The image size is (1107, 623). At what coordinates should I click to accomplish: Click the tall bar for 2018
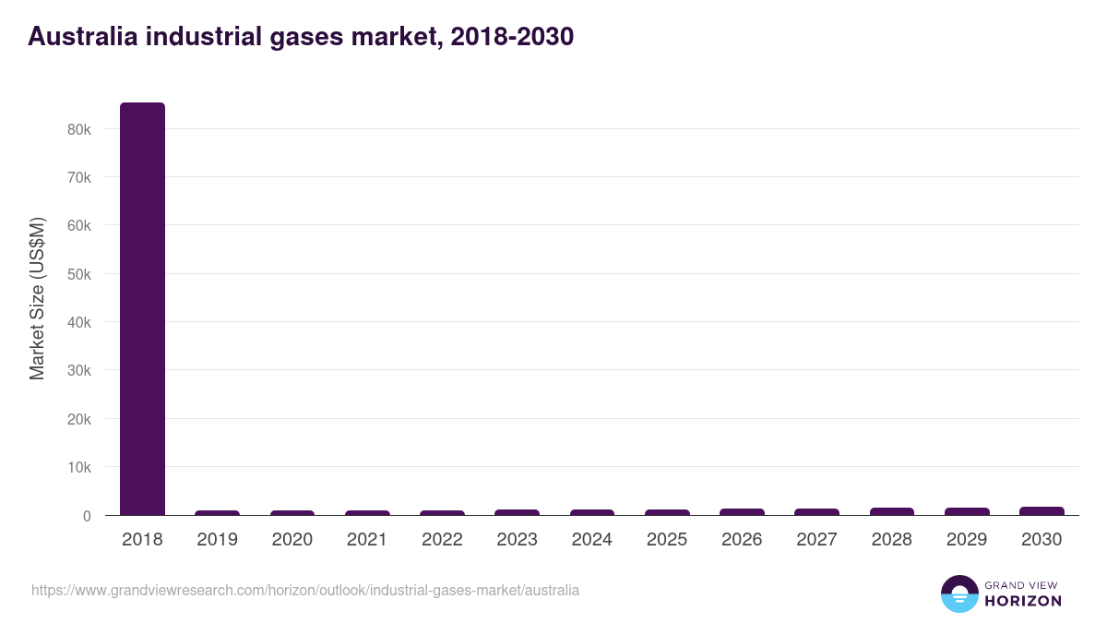point(142,308)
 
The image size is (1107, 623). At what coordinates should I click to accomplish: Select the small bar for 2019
point(217,512)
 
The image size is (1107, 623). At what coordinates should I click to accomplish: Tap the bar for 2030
point(1042,510)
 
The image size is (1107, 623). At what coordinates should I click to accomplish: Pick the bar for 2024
point(591,511)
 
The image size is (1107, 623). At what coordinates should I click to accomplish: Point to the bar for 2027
point(816,511)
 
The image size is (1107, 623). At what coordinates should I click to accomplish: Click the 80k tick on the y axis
point(79,129)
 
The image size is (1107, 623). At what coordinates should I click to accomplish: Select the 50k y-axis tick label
point(79,274)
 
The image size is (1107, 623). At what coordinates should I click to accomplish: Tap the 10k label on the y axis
point(79,467)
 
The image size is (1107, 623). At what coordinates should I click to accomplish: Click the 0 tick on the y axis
point(87,516)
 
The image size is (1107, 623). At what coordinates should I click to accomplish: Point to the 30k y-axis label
point(79,371)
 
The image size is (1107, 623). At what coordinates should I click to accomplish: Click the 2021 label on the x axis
point(367,540)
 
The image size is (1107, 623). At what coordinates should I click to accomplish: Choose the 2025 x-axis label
point(666,540)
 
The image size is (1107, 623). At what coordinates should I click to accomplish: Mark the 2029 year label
point(967,540)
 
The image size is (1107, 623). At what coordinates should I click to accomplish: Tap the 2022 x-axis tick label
point(442,540)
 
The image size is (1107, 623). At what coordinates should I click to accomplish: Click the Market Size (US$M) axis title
point(37,298)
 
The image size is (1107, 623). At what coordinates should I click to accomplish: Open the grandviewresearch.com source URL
point(305,590)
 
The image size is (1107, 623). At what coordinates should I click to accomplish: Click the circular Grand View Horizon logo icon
point(959,593)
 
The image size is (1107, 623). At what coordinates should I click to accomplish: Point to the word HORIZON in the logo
point(1023,601)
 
